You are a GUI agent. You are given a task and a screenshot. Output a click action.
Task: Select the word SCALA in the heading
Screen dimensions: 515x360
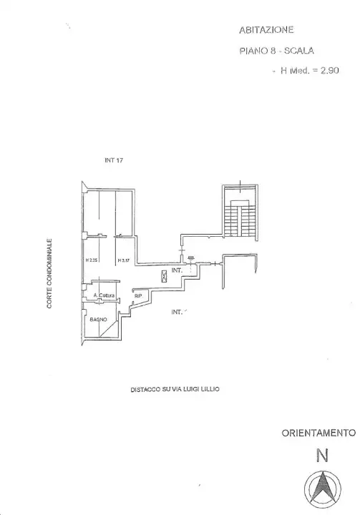(x=298, y=51)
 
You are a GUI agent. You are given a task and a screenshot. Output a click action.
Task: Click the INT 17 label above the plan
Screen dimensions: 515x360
(x=115, y=160)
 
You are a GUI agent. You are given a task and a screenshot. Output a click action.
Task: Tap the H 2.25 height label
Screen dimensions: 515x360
(x=91, y=260)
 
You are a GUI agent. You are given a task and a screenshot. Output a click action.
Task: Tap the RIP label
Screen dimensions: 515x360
(x=139, y=294)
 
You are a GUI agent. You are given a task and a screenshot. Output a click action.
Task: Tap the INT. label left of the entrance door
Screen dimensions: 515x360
(x=177, y=271)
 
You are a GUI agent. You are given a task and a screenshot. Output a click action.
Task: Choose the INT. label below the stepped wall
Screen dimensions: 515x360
(x=177, y=312)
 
